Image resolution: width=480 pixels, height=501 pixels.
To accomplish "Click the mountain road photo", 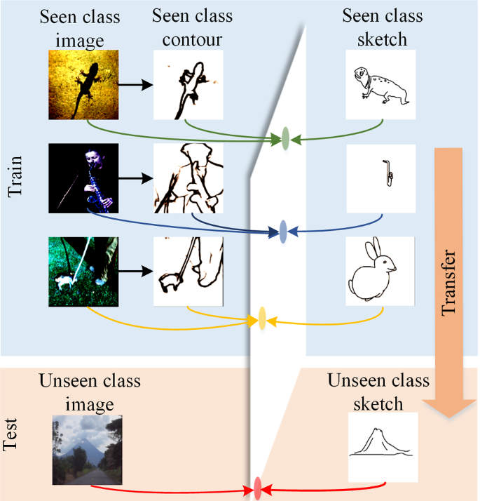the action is point(88,449).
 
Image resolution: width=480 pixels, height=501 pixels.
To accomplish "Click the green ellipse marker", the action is point(285,139).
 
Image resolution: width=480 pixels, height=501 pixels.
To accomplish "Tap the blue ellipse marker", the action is point(283,230).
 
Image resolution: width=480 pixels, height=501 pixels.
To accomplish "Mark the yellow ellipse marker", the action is point(262,318).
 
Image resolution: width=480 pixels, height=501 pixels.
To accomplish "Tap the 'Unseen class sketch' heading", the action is point(378,392).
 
